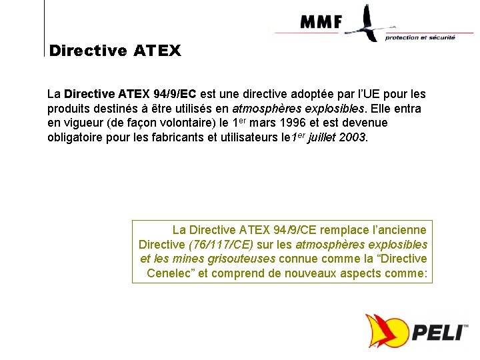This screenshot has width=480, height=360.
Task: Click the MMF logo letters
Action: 321,22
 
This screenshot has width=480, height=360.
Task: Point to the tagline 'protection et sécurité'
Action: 420,37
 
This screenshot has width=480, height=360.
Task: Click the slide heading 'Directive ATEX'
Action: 115,51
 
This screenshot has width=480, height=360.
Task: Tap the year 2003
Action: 351,138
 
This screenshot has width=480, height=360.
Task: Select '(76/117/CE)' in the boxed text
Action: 222,245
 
